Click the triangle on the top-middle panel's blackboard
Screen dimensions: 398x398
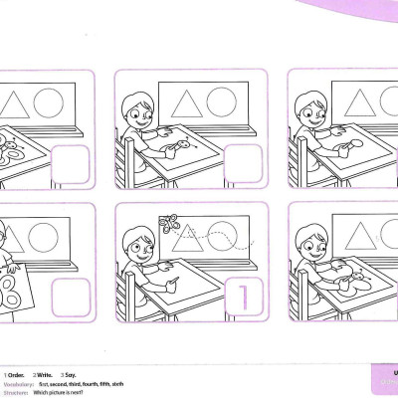(x=185, y=102)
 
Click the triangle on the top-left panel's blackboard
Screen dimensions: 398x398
(x=13, y=103)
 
